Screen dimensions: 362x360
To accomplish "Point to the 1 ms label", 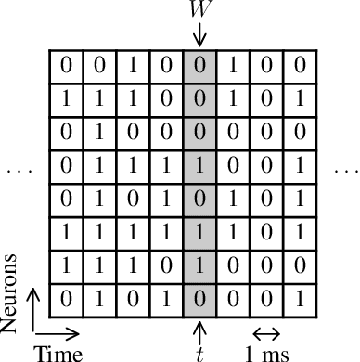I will (x=265, y=353).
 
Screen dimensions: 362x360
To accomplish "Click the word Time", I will (x=58, y=353).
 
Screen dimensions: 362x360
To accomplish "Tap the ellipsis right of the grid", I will (x=344, y=171).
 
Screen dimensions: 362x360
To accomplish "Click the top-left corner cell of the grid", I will (x=66, y=66).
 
